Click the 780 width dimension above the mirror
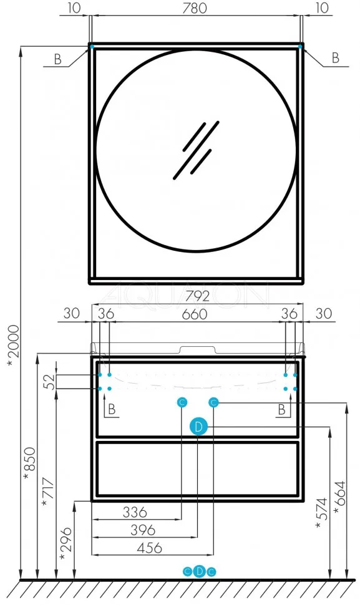195,7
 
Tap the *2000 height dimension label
13,346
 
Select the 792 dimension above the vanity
198,296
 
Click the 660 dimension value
195,314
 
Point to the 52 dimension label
50,382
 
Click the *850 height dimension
29,464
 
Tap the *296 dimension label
66,544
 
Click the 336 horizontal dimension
135,512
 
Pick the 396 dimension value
143,530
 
